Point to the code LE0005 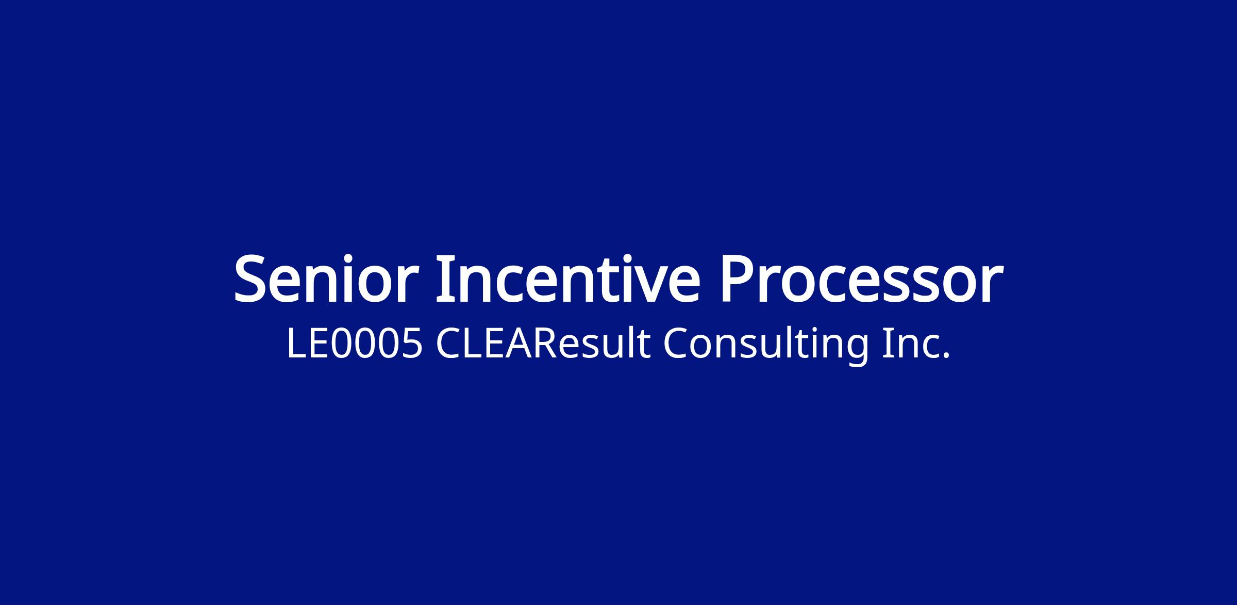click(x=355, y=344)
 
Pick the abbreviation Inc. click(x=915, y=344)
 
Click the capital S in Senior click(x=253, y=279)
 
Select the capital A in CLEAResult click(x=517, y=344)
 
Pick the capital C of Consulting click(x=676, y=344)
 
